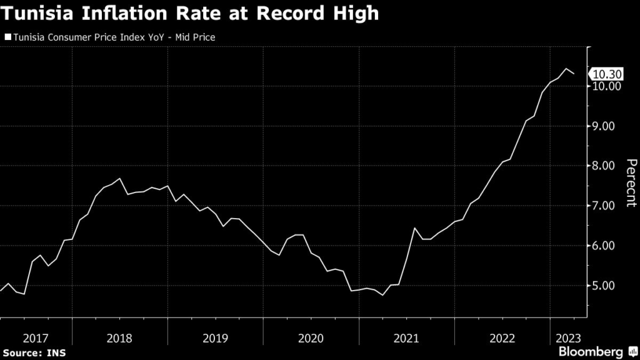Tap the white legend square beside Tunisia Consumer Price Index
(x=7, y=37)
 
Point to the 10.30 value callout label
(x=606, y=74)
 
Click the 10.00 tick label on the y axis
(x=606, y=86)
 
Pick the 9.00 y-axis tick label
(x=606, y=126)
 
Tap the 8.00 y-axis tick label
(x=606, y=166)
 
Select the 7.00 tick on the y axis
(x=606, y=206)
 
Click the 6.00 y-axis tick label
(x=606, y=246)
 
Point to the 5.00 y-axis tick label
(x=606, y=286)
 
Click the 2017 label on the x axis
(x=36, y=338)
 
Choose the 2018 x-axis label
(x=119, y=338)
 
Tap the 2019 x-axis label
(x=215, y=338)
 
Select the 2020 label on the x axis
(x=311, y=338)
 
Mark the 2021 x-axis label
(x=406, y=338)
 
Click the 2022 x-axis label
(x=502, y=338)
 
